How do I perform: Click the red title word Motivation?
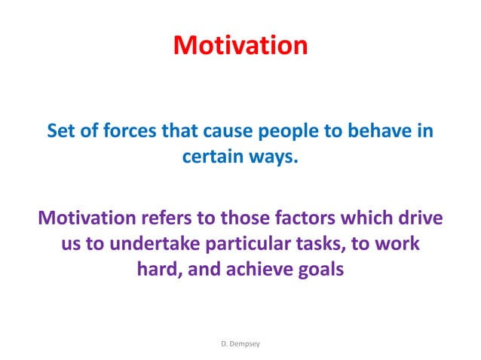pyautogui.click(x=240, y=45)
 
